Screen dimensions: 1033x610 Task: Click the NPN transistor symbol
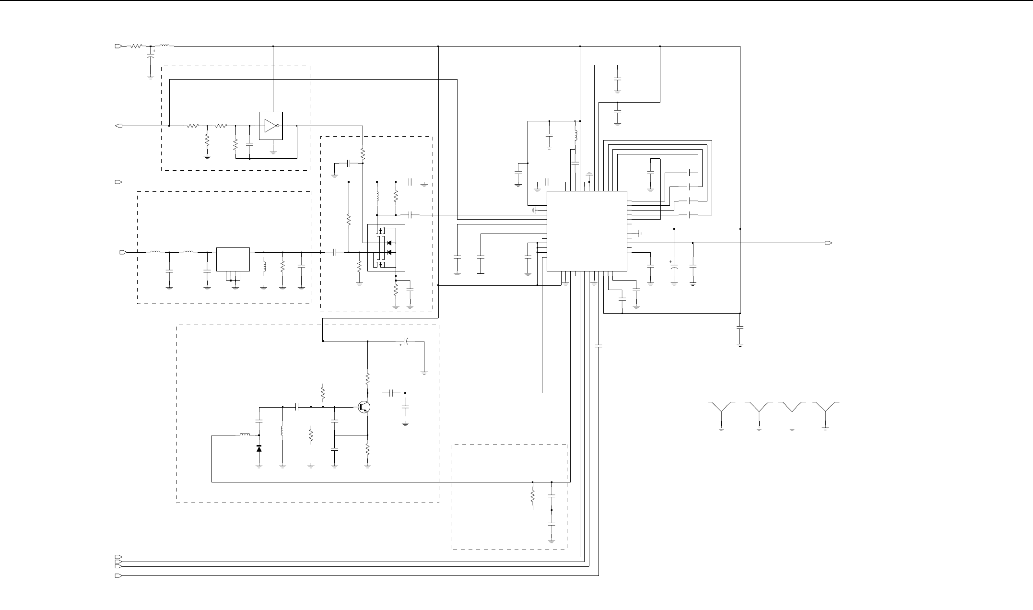point(364,407)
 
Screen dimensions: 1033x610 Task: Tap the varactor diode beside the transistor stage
point(259,448)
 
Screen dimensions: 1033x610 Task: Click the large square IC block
point(587,231)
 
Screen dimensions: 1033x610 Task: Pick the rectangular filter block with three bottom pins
point(233,259)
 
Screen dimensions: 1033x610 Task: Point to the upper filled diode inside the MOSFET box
point(389,242)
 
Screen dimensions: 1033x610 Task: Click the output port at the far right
point(828,243)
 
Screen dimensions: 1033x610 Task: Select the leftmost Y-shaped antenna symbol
point(721,410)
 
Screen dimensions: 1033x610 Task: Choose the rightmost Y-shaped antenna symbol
point(825,410)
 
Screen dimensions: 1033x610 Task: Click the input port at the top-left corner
point(118,47)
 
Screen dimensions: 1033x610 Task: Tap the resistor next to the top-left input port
point(136,47)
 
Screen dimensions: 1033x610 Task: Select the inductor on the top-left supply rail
point(164,46)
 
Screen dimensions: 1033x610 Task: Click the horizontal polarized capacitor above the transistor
point(405,341)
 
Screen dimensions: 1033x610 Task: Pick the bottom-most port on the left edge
point(118,575)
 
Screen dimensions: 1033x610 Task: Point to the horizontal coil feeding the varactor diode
point(245,435)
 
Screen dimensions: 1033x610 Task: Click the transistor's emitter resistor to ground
point(367,450)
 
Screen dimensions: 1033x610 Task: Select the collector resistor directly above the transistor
point(367,379)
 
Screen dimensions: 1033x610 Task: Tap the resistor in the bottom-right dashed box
point(532,496)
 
